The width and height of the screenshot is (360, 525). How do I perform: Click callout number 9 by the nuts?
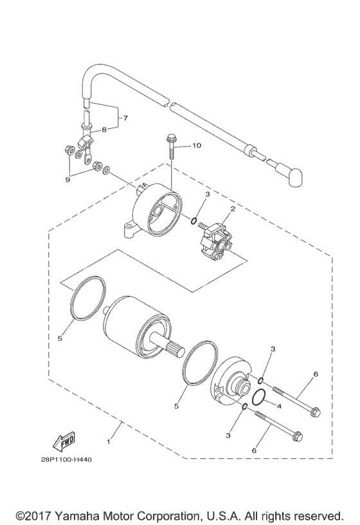[66, 180]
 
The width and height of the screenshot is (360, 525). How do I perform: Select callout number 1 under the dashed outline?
[109, 443]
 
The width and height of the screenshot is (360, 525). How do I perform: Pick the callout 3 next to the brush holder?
[208, 194]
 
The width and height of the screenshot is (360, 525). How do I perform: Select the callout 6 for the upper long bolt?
[316, 374]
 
